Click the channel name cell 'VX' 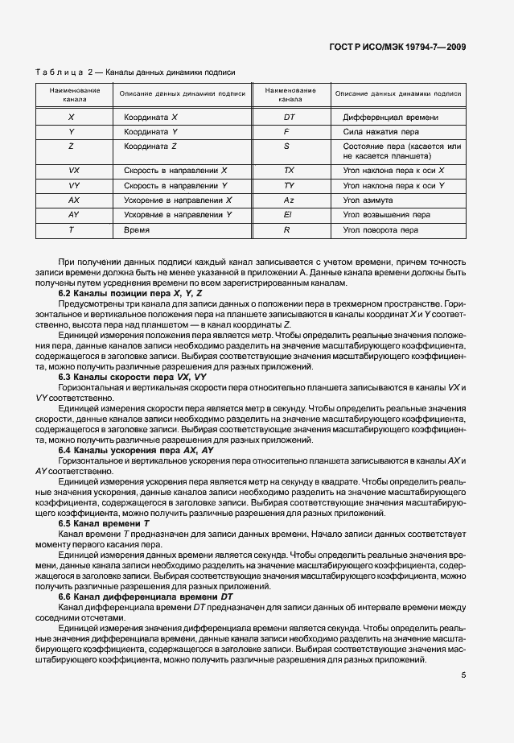73,171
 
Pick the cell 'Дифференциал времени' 390,117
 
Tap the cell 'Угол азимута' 368,200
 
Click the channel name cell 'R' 286,229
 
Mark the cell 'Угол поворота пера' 380,229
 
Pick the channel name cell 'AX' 73,200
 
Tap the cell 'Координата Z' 150,146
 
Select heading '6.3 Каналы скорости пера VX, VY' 132,377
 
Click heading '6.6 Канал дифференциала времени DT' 146,596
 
